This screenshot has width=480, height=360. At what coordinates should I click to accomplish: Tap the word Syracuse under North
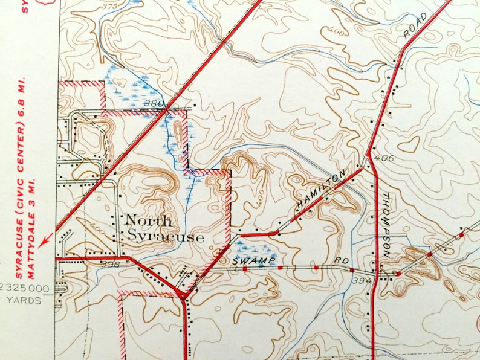pos(164,237)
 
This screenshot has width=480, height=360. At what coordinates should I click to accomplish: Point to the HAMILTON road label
pos(321,190)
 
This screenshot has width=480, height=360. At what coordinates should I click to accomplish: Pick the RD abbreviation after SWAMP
pos(343,262)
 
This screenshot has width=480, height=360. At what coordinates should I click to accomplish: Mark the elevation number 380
pos(154,104)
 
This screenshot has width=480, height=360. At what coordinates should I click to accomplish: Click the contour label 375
pos(109,6)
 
